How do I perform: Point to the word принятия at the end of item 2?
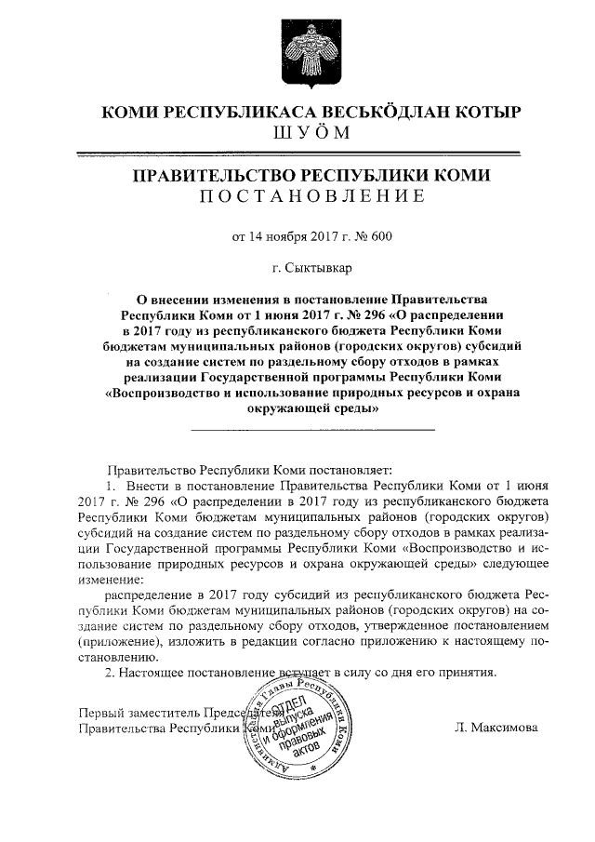[472, 672]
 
